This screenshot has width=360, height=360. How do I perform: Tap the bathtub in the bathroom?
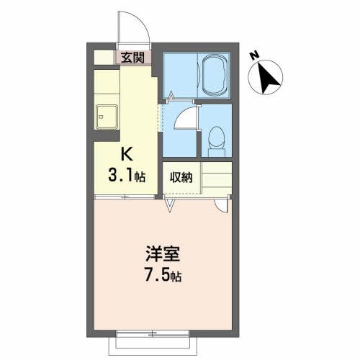[x=215, y=75]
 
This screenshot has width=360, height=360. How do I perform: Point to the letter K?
[x=125, y=155]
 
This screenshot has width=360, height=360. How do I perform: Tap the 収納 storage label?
[x=180, y=176]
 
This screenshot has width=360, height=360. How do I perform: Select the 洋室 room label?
[x=164, y=253]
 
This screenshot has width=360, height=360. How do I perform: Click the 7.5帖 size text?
[x=163, y=274]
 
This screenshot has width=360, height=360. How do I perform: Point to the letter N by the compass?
[x=253, y=55]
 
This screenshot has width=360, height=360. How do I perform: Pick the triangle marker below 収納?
[x=170, y=206]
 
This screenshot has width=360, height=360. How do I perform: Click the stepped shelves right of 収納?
[x=216, y=178]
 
